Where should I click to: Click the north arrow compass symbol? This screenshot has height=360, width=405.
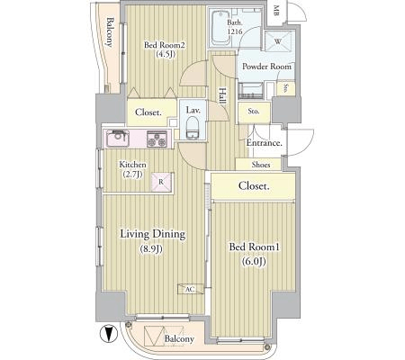click(x=109, y=334)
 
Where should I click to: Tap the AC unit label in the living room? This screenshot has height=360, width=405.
click(x=190, y=289)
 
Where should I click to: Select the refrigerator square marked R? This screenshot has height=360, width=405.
click(x=162, y=182)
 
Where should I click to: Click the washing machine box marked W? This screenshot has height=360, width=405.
click(x=278, y=41)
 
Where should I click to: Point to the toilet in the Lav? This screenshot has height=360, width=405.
click(x=192, y=128)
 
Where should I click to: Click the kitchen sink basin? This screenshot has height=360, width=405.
click(x=117, y=139)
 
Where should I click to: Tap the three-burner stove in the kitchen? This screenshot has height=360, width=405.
click(x=157, y=139)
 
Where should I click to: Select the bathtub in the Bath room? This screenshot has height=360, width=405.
click(x=220, y=28)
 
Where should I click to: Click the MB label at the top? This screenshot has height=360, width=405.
click(x=276, y=11)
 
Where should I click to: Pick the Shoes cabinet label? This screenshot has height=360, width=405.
click(x=261, y=165)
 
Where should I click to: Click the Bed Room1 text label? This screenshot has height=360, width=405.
click(x=255, y=247)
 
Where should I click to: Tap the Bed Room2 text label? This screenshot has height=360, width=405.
click(x=165, y=45)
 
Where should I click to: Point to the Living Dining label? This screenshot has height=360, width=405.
click(x=153, y=234)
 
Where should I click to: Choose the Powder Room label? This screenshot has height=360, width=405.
click(x=266, y=67)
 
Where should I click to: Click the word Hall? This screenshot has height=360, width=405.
click(x=222, y=95)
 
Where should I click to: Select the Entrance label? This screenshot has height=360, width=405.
click(x=265, y=143)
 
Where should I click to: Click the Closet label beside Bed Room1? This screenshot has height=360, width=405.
click(x=254, y=186)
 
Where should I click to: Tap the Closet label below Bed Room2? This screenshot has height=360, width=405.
click(x=148, y=112)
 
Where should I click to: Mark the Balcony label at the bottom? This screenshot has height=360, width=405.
click(x=179, y=339)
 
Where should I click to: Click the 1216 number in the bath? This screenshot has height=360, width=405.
click(x=234, y=31)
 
